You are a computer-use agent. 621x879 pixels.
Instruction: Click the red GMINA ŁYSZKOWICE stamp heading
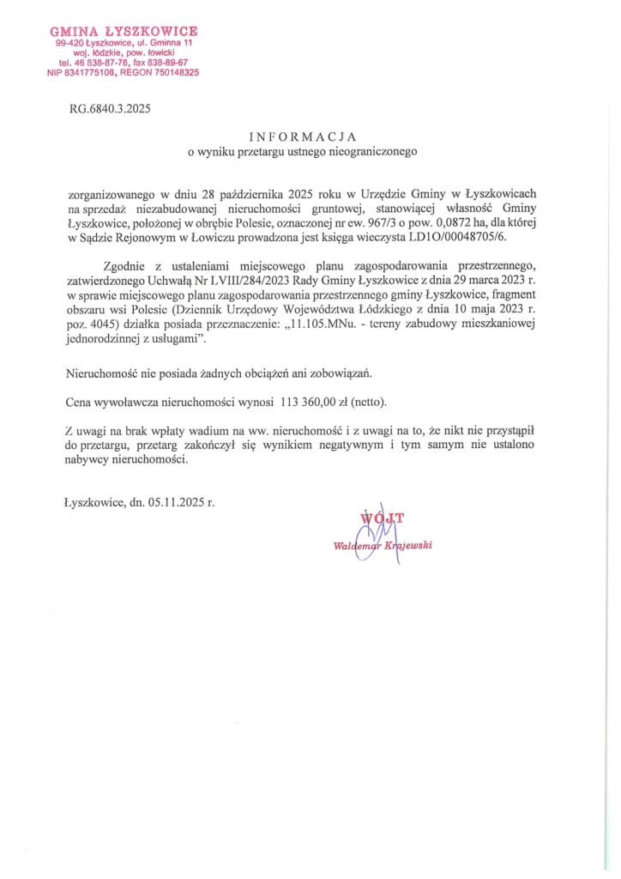coord(124,32)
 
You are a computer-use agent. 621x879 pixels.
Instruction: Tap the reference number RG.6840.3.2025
coord(109,108)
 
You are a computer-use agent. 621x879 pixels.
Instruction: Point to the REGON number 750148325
coord(171,73)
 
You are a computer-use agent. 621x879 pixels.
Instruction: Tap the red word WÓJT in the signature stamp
coord(381,517)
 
